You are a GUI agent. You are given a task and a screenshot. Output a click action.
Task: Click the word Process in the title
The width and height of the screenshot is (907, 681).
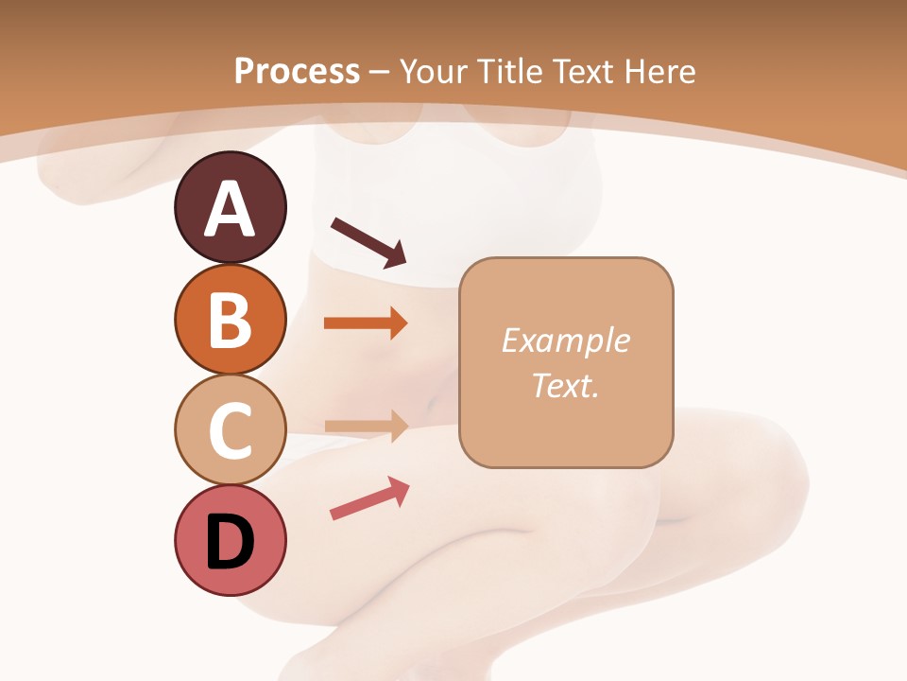point(297,72)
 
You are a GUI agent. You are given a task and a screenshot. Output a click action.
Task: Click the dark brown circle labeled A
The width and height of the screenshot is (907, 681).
point(230,207)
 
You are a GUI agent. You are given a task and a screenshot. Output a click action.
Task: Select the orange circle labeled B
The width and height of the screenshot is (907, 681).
point(230,319)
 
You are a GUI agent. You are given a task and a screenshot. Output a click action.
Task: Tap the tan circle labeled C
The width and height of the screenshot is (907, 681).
point(230,429)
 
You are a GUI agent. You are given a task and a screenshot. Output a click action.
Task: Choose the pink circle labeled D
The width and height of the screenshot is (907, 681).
point(230,541)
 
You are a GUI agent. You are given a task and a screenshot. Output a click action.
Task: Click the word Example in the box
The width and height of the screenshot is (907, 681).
point(565,340)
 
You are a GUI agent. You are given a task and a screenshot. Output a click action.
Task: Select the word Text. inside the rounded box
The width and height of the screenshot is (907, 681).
point(565,385)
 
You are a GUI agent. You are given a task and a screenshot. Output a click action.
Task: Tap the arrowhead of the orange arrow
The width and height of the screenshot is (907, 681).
point(397,323)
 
